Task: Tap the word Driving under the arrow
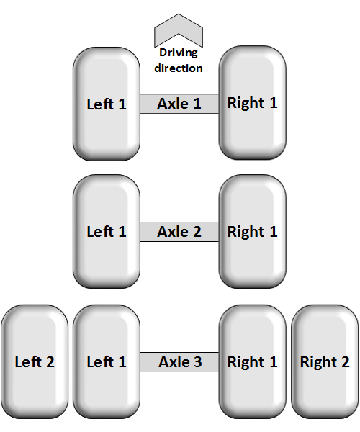179,53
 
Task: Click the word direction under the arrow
179,68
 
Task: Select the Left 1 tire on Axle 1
107,104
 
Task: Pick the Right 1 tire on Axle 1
253,102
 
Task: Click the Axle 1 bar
179,104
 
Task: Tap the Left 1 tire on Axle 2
107,231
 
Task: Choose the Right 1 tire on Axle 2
253,231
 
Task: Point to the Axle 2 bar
179,232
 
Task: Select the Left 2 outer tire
35,361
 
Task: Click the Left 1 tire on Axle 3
107,361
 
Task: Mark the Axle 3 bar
179,362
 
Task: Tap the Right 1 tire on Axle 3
253,361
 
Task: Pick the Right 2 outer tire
325,361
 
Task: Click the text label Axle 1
179,104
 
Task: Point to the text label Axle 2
179,232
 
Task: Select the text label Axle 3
181,362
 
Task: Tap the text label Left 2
35,362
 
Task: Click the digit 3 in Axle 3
198,362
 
